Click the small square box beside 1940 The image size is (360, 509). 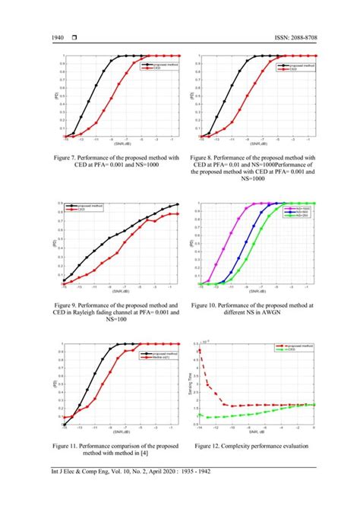[x=76, y=39]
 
